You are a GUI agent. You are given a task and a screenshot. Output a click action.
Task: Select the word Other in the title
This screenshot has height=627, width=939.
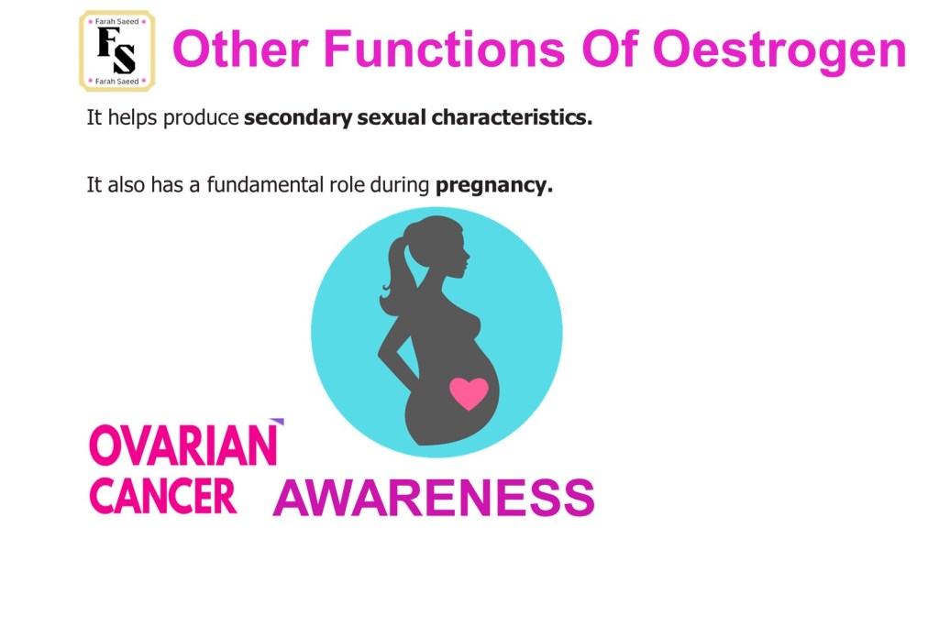(x=240, y=49)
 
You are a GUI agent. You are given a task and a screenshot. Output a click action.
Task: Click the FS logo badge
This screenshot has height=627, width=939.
(x=117, y=51)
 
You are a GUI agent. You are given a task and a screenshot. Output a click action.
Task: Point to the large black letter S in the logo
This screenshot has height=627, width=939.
(x=125, y=59)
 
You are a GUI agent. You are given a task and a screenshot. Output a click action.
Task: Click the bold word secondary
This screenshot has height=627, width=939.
(x=298, y=117)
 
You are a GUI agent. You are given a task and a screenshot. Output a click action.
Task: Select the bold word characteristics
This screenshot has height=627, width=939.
(x=512, y=117)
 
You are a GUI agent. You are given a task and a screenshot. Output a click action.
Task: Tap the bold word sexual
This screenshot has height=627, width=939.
(x=392, y=117)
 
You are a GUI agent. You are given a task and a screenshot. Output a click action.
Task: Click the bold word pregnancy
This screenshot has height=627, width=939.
(x=494, y=186)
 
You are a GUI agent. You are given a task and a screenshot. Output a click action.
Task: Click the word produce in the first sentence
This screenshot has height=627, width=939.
(x=201, y=118)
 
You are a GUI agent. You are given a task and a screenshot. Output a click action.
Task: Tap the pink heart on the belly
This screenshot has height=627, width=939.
(x=469, y=393)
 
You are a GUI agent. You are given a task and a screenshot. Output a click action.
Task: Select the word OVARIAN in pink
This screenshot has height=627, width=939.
(x=183, y=445)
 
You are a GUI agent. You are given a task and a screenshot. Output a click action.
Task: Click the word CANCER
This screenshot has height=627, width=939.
(x=163, y=497)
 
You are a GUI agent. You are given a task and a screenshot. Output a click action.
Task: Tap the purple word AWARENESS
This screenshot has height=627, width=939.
(x=434, y=498)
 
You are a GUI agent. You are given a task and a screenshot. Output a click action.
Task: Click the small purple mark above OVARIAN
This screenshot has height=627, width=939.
(x=277, y=422)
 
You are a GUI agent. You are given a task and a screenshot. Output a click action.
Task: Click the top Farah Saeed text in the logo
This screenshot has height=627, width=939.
(x=116, y=22)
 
